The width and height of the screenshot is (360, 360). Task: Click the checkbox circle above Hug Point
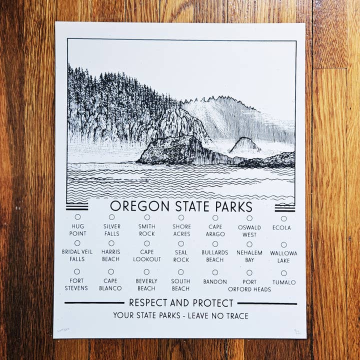[77, 217]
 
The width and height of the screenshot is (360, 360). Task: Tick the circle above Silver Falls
[111, 217]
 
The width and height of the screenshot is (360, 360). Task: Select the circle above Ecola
[283, 218]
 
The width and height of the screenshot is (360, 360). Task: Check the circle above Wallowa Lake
[283, 245]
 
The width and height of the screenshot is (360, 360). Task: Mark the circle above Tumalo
[283, 273]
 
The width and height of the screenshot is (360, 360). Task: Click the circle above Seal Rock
[181, 243]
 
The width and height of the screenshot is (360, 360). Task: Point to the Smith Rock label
[146, 230]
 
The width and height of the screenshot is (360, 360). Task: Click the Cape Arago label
[215, 230]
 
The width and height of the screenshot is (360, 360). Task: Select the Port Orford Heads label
[249, 285]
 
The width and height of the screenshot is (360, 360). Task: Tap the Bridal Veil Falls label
[77, 255]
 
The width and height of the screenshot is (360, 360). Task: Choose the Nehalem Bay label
[249, 256]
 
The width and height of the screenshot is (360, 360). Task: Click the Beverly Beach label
[146, 285]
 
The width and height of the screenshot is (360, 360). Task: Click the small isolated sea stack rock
[244, 145]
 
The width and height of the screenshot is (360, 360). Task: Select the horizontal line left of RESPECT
[94, 303]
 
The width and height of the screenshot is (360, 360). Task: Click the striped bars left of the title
[76, 206]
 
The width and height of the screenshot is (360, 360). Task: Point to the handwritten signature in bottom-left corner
[64, 330]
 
